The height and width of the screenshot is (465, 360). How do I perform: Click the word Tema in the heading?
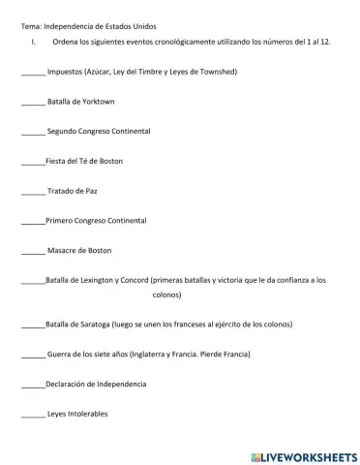(31, 25)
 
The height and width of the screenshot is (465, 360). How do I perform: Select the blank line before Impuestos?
(32, 72)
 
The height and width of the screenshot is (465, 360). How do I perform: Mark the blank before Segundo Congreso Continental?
(32, 131)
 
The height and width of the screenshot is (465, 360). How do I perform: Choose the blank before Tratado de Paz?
(32, 191)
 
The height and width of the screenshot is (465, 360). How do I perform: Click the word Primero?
(61, 221)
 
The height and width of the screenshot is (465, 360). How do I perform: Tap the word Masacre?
(63, 250)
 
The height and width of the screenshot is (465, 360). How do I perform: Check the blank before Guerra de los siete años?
(32, 355)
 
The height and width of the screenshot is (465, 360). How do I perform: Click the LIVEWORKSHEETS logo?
(304, 454)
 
